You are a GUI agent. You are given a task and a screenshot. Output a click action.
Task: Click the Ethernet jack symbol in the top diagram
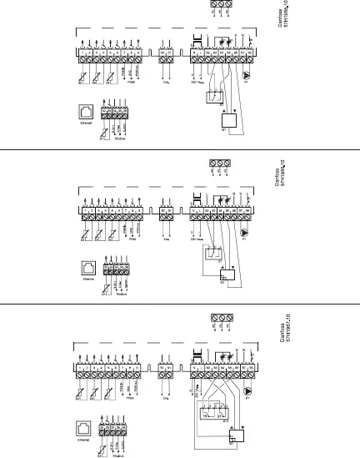[86, 110]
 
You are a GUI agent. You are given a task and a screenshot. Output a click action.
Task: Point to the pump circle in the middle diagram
[244, 233]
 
